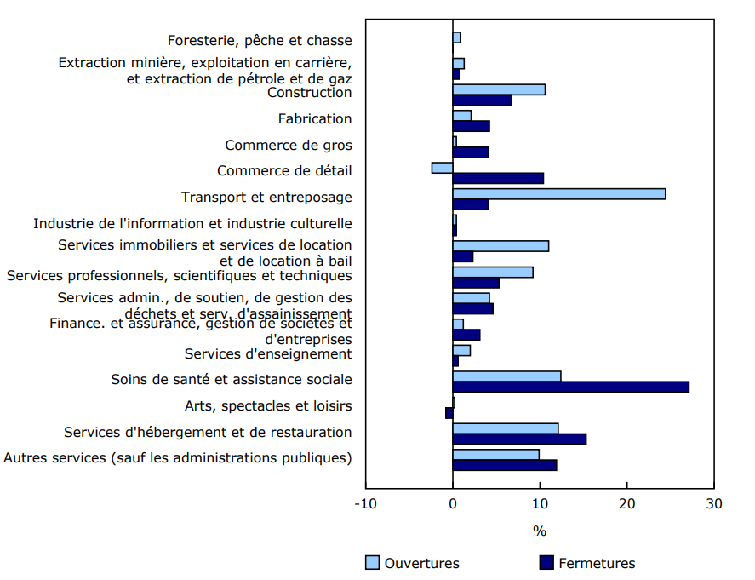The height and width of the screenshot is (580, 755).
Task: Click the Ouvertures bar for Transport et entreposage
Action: pos(558,194)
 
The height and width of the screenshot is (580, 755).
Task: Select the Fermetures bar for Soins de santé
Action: pos(570,387)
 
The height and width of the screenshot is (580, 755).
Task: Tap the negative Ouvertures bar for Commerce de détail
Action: pos(442,168)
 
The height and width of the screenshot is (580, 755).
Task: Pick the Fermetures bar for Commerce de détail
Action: pos(498,178)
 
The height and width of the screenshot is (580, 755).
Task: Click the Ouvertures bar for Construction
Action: pos(499,89)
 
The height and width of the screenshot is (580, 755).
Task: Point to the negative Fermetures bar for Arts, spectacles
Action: pos(449,413)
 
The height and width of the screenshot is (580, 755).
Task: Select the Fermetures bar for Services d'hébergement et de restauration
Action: pos(519,439)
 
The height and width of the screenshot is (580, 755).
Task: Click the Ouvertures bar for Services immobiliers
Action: pos(500,246)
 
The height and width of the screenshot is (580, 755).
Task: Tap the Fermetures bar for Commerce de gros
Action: pos(471,152)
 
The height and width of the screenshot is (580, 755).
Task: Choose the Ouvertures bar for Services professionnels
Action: pos(493,273)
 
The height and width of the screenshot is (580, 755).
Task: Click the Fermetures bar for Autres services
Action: pos(505,465)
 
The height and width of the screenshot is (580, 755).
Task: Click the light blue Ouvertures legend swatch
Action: pos(371,563)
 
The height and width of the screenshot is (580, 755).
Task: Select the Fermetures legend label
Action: pos(597,563)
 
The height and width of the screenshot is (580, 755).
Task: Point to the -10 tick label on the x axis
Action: pos(365,503)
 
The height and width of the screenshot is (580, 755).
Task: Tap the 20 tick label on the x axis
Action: pos(626,503)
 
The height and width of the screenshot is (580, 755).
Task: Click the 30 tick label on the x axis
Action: pos(713,503)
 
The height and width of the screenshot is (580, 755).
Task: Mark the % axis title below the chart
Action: pos(540,531)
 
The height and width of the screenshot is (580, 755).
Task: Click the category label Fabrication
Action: pos(314,118)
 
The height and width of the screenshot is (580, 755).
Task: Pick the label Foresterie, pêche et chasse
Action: pos(260,40)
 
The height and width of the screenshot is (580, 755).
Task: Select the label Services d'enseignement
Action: pos(267,353)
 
